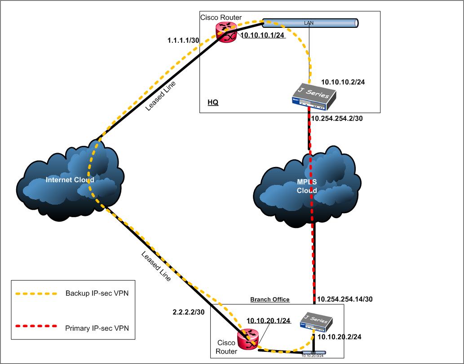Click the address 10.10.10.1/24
pos(263,36)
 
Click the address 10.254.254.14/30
pos(345,298)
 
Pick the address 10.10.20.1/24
pos(268,321)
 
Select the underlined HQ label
pos(213,102)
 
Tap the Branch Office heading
pos(270,299)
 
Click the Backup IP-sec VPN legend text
pos(97,294)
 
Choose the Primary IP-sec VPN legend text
pos(97,328)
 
